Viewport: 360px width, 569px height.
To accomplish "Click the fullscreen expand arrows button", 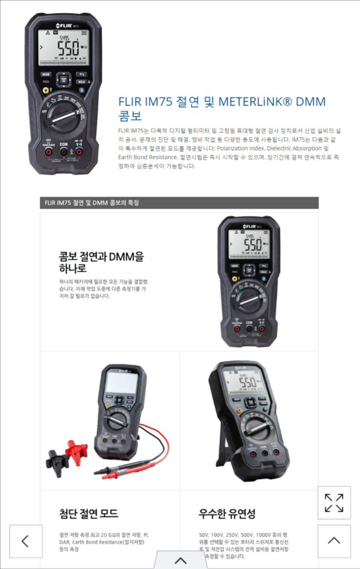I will tap(334, 502).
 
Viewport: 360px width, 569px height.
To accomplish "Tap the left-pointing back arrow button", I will tap(26, 541).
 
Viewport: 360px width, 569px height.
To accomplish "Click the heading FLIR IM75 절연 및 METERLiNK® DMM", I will tap(222, 102).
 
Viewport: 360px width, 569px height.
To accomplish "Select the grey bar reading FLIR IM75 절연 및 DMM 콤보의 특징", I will tap(179, 203).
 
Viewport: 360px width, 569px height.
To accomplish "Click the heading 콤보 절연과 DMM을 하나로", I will tap(102, 262).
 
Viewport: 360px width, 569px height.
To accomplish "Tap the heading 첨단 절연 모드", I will tap(89, 513).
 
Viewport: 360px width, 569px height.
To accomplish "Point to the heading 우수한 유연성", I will tap(227, 513).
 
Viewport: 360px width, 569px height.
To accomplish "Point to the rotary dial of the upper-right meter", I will tap(248, 300).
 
